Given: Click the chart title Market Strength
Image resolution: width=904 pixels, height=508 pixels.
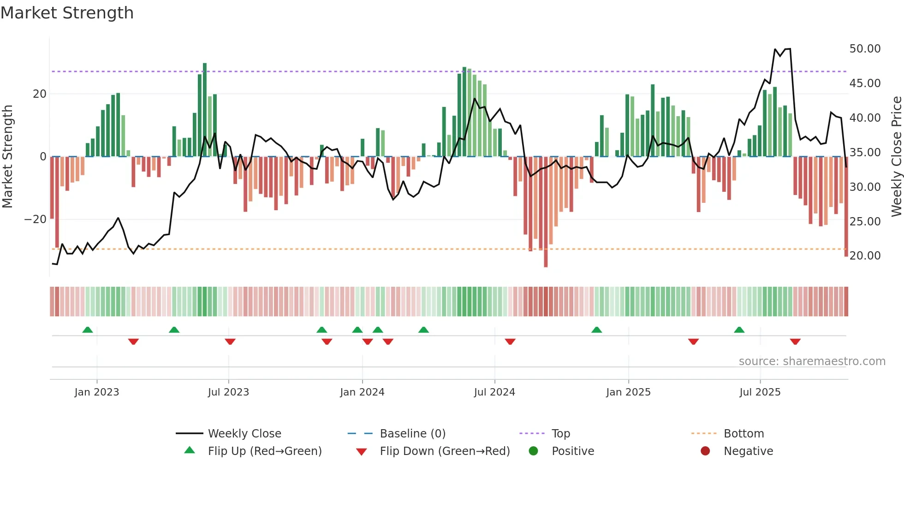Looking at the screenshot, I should (67, 13).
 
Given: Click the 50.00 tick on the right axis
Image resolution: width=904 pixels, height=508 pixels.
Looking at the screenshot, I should (865, 49).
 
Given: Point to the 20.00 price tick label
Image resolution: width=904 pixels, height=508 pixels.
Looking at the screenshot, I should (865, 256).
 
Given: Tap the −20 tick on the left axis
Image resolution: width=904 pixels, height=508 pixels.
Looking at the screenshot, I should (36, 219).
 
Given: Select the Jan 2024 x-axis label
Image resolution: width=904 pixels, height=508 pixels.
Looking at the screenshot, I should (362, 392).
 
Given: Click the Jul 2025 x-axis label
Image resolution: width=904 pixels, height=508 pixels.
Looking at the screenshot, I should (760, 392).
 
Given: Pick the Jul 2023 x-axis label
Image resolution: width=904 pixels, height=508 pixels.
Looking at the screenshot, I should (228, 392).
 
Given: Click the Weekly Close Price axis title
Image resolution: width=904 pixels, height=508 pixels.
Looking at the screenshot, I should (896, 157).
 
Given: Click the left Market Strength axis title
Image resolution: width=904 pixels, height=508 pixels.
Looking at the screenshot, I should (7, 157).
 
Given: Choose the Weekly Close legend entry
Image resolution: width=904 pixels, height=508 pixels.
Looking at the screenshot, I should (244, 434).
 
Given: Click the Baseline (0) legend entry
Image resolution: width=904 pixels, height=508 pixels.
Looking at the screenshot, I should (412, 434).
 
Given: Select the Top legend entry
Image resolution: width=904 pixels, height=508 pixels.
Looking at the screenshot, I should (560, 434).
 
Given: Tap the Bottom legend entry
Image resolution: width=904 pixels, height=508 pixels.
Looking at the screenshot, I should (743, 434).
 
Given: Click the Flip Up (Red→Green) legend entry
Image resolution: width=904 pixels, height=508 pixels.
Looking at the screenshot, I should (264, 451).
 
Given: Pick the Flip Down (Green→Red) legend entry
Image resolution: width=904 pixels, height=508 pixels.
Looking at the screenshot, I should (445, 451).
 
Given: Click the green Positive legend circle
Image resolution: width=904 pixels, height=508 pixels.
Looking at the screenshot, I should (534, 451).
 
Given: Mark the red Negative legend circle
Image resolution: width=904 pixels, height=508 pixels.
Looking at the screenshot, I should (705, 451).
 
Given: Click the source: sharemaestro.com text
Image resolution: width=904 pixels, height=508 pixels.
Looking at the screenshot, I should (812, 361).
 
